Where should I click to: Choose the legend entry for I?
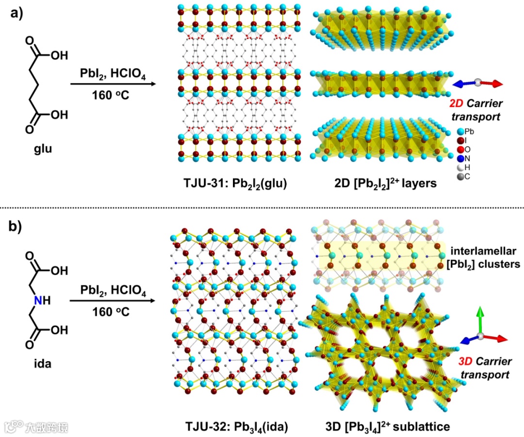click(464, 140)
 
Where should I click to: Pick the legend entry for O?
click(464, 149)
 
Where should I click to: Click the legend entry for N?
click(464, 158)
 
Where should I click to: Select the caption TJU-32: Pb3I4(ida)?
click(236, 427)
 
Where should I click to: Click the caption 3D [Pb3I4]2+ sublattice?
click(388, 426)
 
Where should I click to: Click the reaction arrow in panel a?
click(113, 84)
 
